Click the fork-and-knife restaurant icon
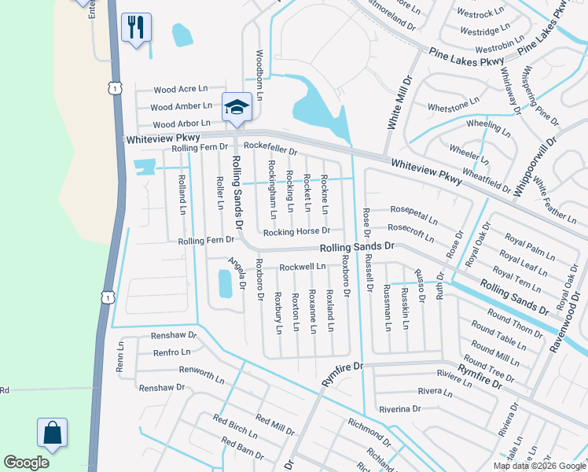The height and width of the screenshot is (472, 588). [135, 28]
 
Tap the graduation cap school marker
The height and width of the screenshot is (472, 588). [236, 108]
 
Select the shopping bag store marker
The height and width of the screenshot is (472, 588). [52, 433]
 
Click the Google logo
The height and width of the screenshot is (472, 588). [26, 463]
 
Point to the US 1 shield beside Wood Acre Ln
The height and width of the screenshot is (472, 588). [116, 89]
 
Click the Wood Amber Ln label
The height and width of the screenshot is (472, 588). [181, 106]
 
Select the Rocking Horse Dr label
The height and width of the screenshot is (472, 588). [296, 232]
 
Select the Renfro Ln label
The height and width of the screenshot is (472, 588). [174, 352]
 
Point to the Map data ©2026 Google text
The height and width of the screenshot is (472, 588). [538, 466]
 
